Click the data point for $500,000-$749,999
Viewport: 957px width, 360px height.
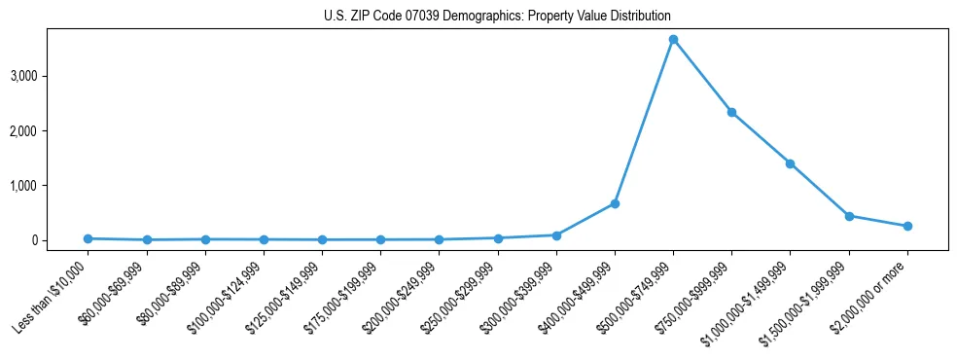[673, 40]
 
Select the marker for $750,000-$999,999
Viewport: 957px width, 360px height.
[731, 112]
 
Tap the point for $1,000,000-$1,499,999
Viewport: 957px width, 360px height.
[790, 163]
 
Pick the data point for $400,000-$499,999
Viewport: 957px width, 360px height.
[615, 203]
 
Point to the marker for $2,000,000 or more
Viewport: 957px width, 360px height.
[907, 226]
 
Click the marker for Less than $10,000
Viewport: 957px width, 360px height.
[88, 238]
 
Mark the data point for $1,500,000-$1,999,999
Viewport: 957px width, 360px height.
[849, 216]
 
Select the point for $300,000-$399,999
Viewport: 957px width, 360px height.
[556, 235]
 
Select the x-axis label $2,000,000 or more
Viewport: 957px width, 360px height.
[871, 292]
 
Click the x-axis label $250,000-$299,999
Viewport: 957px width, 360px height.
[463, 296]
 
